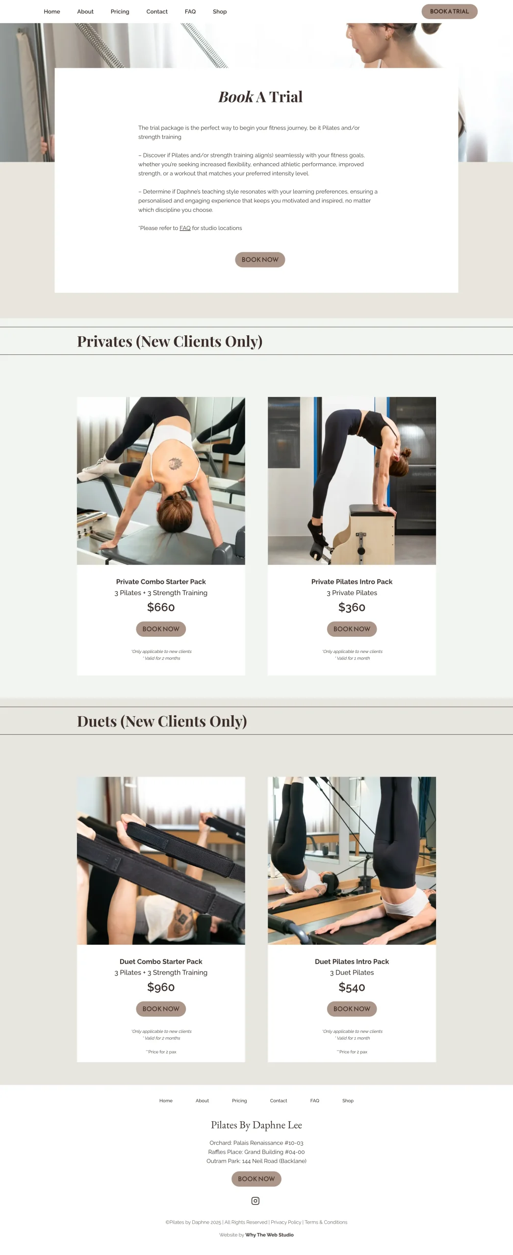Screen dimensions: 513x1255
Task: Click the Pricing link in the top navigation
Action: pyautogui.click(x=120, y=11)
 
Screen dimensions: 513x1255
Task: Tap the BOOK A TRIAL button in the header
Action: pyautogui.click(x=449, y=11)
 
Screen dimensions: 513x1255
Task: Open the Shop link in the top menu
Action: pyautogui.click(x=220, y=11)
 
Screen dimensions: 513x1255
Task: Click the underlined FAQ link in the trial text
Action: pyautogui.click(x=185, y=228)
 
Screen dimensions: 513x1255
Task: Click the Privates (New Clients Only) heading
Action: pyautogui.click(x=170, y=341)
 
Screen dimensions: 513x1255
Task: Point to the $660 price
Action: pyautogui.click(x=161, y=607)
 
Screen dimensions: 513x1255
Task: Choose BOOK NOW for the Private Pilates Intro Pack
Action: pyautogui.click(x=352, y=629)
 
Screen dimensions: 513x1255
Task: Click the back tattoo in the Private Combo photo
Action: pyautogui.click(x=175, y=463)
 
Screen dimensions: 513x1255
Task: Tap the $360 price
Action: pyautogui.click(x=352, y=607)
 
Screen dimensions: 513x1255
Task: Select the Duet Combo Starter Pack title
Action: pyautogui.click(x=161, y=961)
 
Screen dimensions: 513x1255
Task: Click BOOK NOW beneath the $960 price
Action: pyautogui.click(x=161, y=1008)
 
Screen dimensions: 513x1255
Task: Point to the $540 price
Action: pyautogui.click(x=352, y=987)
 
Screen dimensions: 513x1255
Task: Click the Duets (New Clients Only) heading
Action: pyautogui.click(x=162, y=721)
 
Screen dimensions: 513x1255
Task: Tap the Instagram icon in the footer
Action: pyautogui.click(x=256, y=1201)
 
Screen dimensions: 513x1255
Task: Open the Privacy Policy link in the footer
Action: pyautogui.click(x=286, y=1222)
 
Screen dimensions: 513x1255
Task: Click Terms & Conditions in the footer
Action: pyautogui.click(x=326, y=1222)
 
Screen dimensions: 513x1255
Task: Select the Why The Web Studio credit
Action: pyautogui.click(x=269, y=1235)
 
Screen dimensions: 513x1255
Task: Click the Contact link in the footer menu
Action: pyautogui.click(x=279, y=1101)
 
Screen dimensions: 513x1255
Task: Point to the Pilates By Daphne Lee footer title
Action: pyautogui.click(x=256, y=1125)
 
